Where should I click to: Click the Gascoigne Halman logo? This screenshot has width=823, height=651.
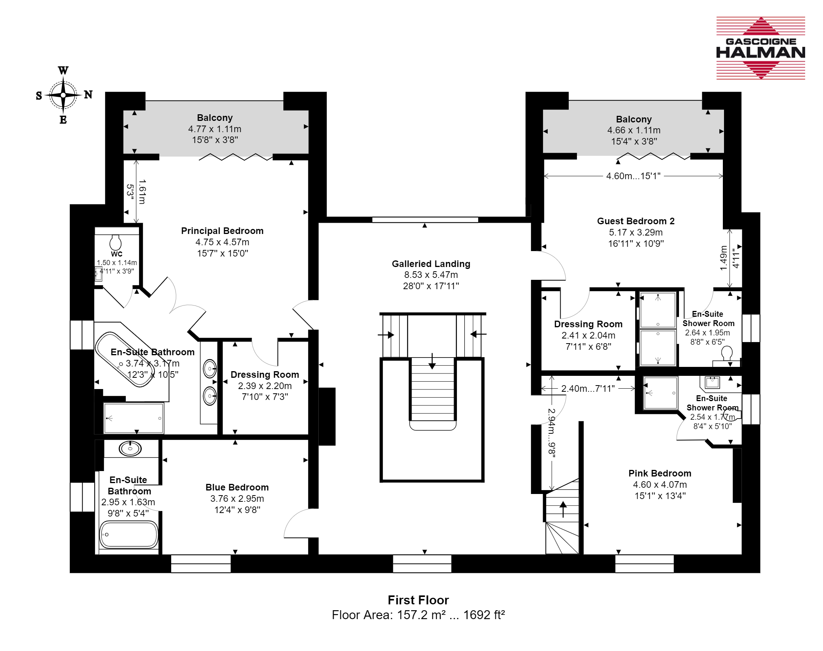click(x=760, y=48)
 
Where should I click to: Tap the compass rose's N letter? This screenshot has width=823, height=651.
click(x=89, y=94)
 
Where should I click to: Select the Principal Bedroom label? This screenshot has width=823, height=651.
click(x=222, y=231)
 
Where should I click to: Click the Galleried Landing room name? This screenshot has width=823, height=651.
click(x=431, y=264)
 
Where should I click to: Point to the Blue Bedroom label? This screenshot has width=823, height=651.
click(x=237, y=487)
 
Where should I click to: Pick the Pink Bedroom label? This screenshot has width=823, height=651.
click(x=660, y=473)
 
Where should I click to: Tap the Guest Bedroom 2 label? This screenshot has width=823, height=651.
click(x=636, y=221)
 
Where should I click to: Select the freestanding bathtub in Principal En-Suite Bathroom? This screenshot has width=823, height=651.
click(x=125, y=360)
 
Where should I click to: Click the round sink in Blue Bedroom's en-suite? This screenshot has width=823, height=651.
click(x=130, y=449)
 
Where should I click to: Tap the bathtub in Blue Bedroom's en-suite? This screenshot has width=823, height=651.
click(x=129, y=534)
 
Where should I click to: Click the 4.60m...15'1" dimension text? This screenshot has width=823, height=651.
click(x=633, y=176)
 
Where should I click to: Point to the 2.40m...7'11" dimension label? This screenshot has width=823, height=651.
click(x=588, y=388)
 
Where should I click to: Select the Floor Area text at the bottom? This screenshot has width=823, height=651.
click(x=418, y=615)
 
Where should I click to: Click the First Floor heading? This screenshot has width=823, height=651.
click(x=418, y=600)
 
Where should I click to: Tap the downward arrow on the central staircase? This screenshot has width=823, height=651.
click(x=432, y=361)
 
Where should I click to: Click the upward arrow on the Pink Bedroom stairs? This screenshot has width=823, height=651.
click(x=563, y=509)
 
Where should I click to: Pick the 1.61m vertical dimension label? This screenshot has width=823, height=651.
click(x=142, y=192)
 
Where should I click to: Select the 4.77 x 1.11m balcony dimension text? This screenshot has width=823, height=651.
click(x=215, y=129)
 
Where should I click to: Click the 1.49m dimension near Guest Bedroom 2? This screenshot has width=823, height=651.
click(x=723, y=258)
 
